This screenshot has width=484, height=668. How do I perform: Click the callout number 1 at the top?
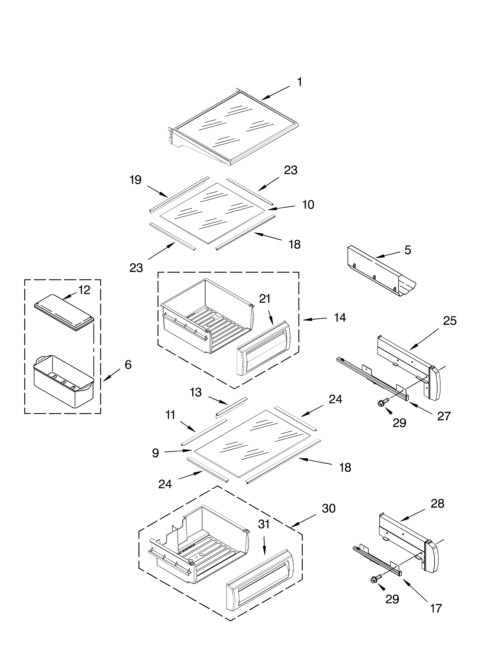(299, 82)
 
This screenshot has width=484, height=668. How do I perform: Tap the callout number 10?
(308, 205)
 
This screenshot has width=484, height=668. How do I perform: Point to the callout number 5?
(407, 250)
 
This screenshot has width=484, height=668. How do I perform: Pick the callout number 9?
(155, 453)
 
